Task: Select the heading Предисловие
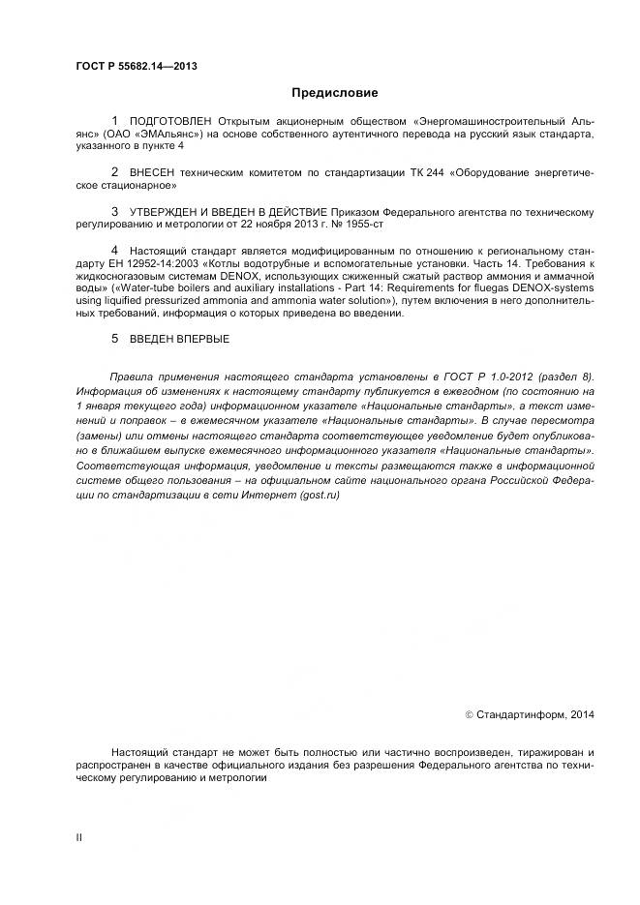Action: point(334,93)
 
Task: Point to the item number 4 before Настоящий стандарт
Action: point(115,249)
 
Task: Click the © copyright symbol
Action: point(470,714)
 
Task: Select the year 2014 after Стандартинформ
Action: point(581,714)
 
